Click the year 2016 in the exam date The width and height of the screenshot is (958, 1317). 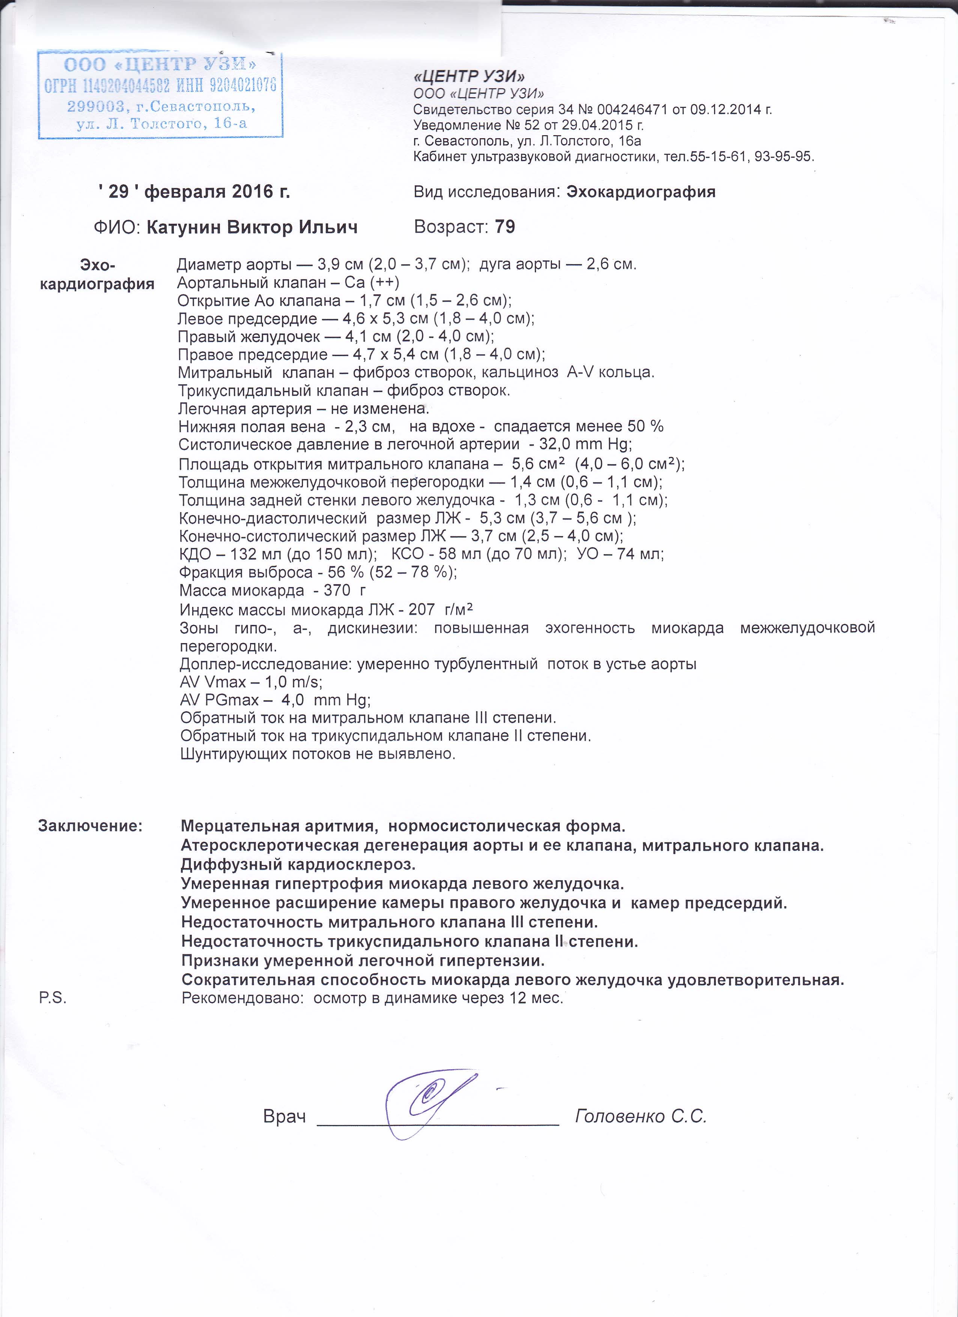click(253, 191)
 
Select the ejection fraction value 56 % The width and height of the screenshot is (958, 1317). click(345, 572)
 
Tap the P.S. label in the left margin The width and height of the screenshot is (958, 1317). click(52, 998)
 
